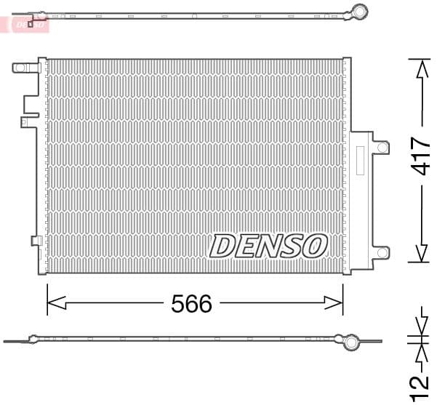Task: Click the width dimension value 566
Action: pyautogui.click(x=192, y=303)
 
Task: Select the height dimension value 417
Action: pyautogui.click(x=420, y=156)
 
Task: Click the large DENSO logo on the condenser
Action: pyautogui.click(x=268, y=246)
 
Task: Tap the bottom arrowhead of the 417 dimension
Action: pyautogui.click(x=420, y=254)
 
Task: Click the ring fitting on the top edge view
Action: pyautogui.click(x=356, y=12)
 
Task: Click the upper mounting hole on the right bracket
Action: pyautogui.click(x=382, y=148)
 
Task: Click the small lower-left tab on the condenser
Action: pyautogui.click(x=35, y=241)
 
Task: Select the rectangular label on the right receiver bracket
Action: pyautogui.click(x=358, y=161)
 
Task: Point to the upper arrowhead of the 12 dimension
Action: pyautogui.click(x=420, y=326)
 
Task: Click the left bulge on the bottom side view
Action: pyautogui.click(x=33, y=338)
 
